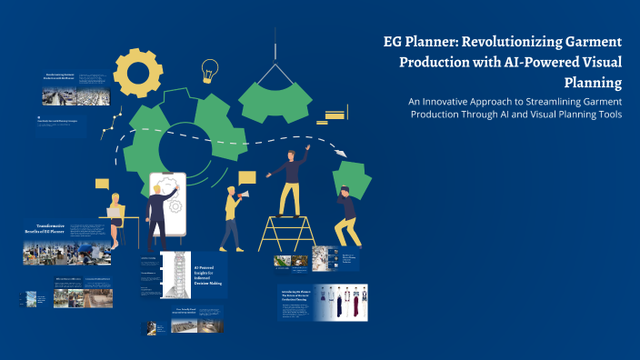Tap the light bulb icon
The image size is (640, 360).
[x=210, y=70]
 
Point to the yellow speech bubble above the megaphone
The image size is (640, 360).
[x=247, y=177]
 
